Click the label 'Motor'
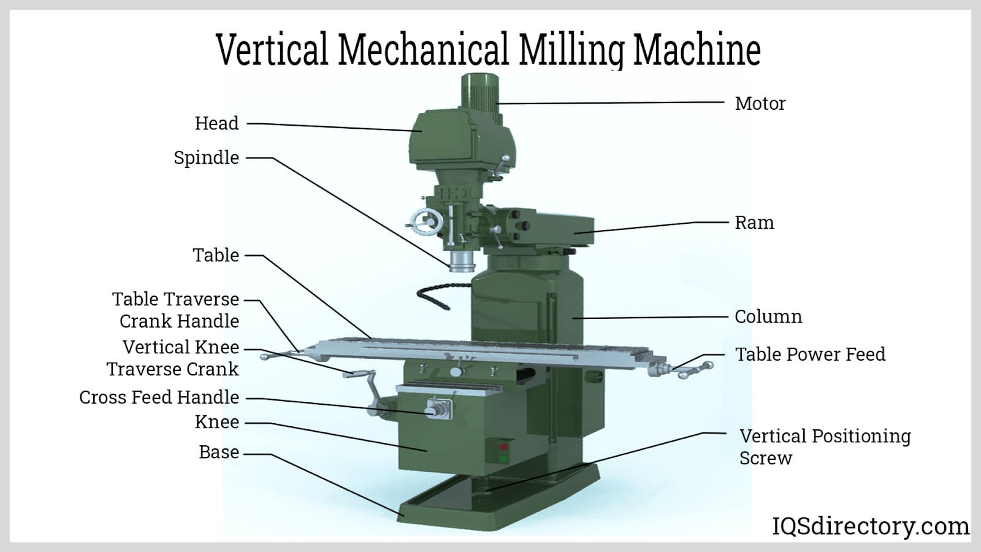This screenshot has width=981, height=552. [x=760, y=104]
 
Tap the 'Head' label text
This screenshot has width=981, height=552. [x=217, y=123]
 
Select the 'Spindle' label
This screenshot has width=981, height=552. [x=206, y=158]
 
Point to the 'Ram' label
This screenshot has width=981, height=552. [x=754, y=223]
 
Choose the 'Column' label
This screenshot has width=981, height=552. [x=768, y=316]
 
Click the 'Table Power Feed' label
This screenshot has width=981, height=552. [x=810, y=355]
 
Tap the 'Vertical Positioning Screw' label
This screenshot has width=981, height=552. [x=825, y=447]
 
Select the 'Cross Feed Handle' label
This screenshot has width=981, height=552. [x=159, y=397]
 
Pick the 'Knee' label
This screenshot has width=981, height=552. [x=217, y=422]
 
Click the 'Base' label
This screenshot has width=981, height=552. [x=219, y=452]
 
